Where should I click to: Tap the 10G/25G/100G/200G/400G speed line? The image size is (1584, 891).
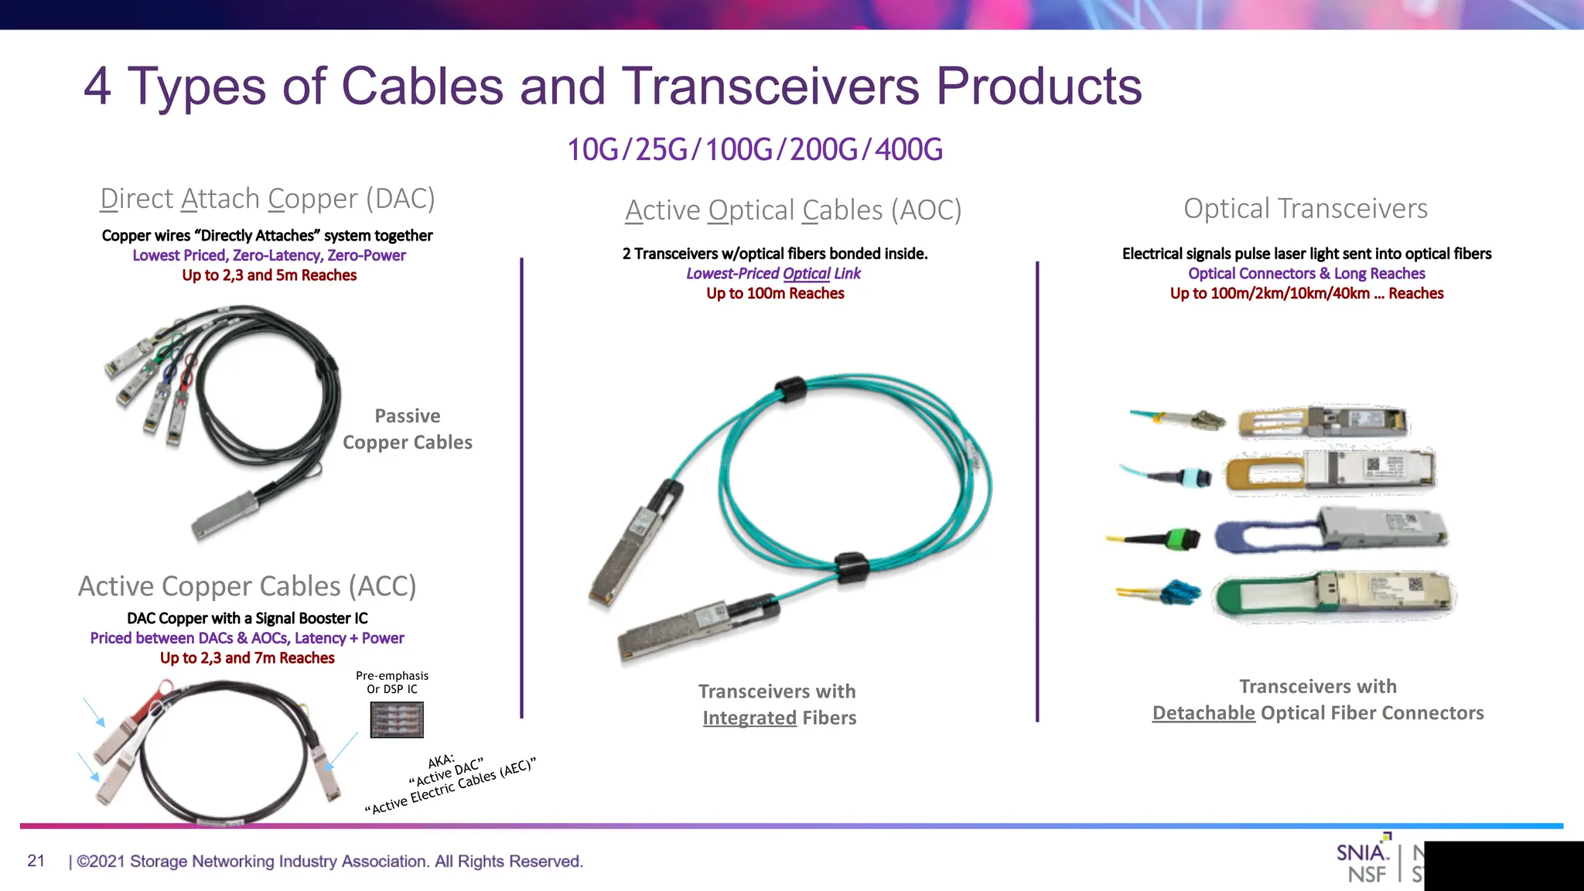(x=755, y=149)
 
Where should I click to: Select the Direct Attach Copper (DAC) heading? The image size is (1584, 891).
(x=268, y=199)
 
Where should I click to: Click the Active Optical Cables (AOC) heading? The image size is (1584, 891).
(x=793, y=210)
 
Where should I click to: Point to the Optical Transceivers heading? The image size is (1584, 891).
(x=1306, y=208)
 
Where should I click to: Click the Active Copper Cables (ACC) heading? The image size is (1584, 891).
(x=247, y=586)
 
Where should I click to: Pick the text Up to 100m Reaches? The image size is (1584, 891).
(x=775, y=293)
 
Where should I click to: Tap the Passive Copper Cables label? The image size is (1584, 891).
(x=408, y=429)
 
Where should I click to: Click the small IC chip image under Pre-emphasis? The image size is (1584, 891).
(x=397, y=719)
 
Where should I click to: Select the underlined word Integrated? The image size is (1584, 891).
(x=749, y=718)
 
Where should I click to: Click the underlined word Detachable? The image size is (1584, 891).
(x=1203, y=713)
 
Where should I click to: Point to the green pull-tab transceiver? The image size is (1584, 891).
(x=1334, y=596)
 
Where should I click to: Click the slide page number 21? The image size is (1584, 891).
(x=36, y=861)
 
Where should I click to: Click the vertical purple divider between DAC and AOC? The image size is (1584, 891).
(x=522, y=487)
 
